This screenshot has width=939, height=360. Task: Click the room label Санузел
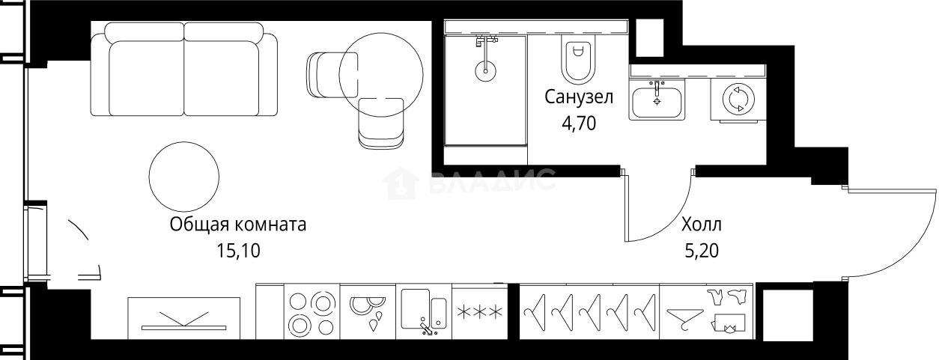click(x=579, y=97)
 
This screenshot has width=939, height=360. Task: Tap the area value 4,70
click(x=579, y=123)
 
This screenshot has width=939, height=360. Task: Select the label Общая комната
click(x=238, y=225)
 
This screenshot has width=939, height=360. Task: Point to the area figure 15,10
click(x=238, y=251)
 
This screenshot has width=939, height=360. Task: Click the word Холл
click(x=702, y=224)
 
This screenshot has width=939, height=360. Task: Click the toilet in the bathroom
click(x=576, y=60)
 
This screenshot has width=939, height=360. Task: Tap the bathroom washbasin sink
click(x=657, y=101)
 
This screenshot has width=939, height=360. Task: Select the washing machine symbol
click(x=738, y=99)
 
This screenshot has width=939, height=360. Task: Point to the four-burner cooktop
click(x=312, y=313)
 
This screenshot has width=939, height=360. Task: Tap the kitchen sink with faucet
click(x=424, y=313)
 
